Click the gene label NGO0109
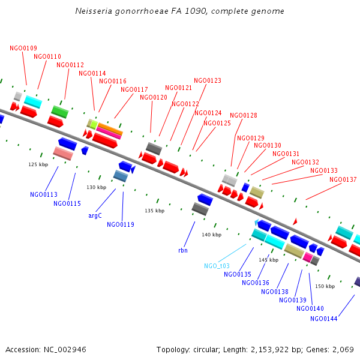[23, 48]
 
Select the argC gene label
[95, 215]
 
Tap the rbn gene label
[183, 250]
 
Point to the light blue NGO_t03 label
[217, 265]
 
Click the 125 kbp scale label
[38, 164]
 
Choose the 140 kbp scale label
[211, 235]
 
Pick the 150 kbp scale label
[325, 286]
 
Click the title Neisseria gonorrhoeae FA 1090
[180, 11]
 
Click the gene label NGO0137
[343, 179]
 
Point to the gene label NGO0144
[324, 319]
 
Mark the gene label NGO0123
[207, 80]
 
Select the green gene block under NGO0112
[59, 111]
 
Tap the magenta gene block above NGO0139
[308, 257]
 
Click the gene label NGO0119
[121, 224]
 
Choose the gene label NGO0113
[44, 194]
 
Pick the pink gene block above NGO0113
[63, 154]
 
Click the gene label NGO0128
[243, 115]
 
